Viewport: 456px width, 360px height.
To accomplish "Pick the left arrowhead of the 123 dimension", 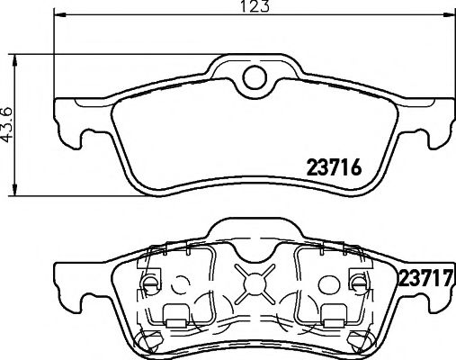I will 58,16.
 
